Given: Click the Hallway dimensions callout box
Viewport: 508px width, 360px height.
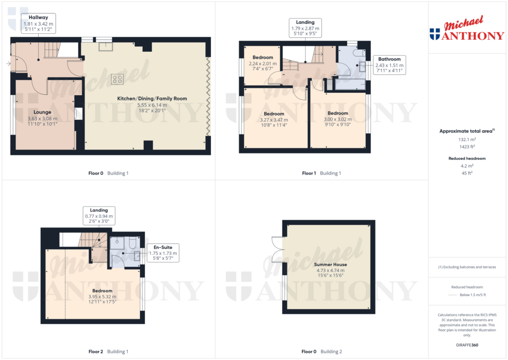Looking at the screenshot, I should pos(38,23).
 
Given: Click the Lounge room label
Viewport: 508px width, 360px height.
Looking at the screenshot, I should pos(43,119).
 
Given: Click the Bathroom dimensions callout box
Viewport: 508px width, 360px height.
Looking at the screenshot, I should pos(389,65).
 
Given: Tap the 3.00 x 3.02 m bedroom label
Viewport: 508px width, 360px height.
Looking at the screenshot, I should pos(337,119).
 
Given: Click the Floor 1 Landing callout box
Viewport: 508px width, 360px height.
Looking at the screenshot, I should pos(306,29).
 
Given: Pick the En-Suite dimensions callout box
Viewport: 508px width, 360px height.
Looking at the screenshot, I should pos(163,253).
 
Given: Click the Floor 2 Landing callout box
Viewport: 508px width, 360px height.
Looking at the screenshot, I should pos(99,216).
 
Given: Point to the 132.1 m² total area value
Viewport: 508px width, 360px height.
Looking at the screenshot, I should pos(466,140).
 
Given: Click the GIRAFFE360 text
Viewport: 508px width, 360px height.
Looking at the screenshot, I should pos(466,345).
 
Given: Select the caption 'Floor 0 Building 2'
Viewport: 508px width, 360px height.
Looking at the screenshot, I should pos(321,352).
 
